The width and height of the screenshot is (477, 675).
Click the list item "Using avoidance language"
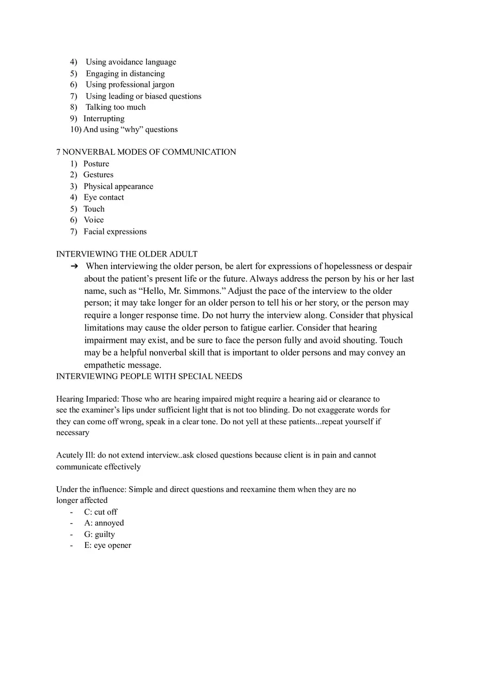click(131, 62)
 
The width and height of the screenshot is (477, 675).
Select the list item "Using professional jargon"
click(130, 84)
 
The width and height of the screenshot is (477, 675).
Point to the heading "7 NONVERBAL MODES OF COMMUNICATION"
click(146, 152)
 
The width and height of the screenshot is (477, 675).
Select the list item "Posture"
click(96, 164)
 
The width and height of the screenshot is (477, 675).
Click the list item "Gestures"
click(98, 175)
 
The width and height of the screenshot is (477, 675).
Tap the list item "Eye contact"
click(104, 198)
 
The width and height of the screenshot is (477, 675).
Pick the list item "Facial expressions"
click(115, 232)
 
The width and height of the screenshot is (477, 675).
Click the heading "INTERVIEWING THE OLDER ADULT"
click(127, 254)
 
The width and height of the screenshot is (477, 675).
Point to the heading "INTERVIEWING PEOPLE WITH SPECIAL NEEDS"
click(149, 376)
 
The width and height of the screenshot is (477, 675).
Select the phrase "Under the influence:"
click(91, 489)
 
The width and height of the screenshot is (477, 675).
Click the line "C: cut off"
click(100, 512)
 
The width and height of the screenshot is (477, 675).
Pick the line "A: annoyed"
click(104, 523)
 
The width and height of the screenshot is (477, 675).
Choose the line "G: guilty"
click(99, 534)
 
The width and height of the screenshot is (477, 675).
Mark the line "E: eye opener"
click(107, 546)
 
